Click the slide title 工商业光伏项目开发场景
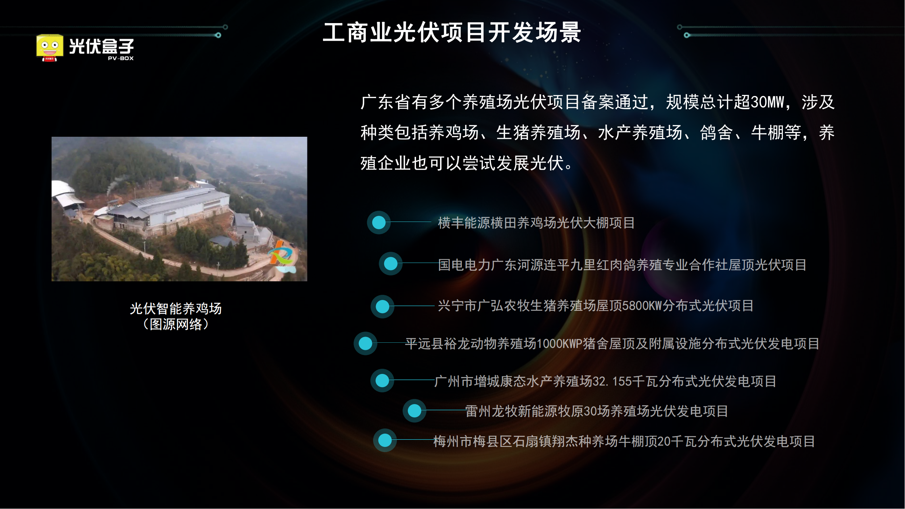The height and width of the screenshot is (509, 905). coord(452,32)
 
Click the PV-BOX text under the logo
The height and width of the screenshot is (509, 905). coord(120,58)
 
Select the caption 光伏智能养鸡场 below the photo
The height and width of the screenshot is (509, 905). coord(176,308)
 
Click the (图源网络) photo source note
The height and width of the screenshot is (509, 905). coord(176,324)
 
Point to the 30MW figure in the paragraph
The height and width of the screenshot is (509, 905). coord(767,102)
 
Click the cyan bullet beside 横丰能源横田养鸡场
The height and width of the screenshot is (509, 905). coord(379,222)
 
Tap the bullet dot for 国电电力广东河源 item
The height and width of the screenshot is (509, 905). coord(390,263)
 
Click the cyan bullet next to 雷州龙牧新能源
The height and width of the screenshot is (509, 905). coord(415,411)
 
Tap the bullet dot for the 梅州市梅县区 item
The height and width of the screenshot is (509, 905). coord(385,440)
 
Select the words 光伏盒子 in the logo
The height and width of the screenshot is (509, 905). coord(101,46)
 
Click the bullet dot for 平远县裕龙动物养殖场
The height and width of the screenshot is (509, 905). coord(365,343)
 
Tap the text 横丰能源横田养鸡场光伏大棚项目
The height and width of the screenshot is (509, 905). coord(536,223)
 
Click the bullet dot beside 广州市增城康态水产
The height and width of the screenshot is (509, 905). coord(382,380)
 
